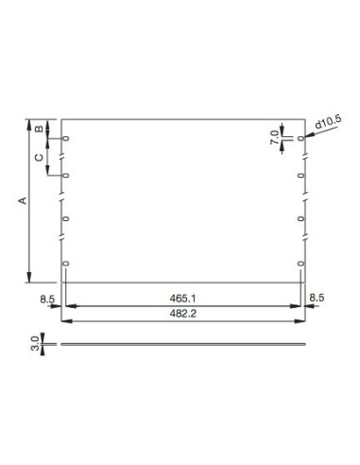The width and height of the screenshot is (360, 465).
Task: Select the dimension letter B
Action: [x=38, y=129]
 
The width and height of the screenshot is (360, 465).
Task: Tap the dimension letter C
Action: [x=38, y=157]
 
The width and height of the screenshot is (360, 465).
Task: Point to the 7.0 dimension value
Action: [x=275, y=137]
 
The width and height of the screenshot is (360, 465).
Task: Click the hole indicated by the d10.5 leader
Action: [x=301, y=139]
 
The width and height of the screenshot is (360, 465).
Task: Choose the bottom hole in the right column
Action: [x=301, y=263]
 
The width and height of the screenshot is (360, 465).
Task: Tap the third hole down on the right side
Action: [x=301, y=219]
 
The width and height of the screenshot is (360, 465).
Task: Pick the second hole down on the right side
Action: [x=301, y=176]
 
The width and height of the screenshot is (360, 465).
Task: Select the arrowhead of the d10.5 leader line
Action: [x=306, y=137]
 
